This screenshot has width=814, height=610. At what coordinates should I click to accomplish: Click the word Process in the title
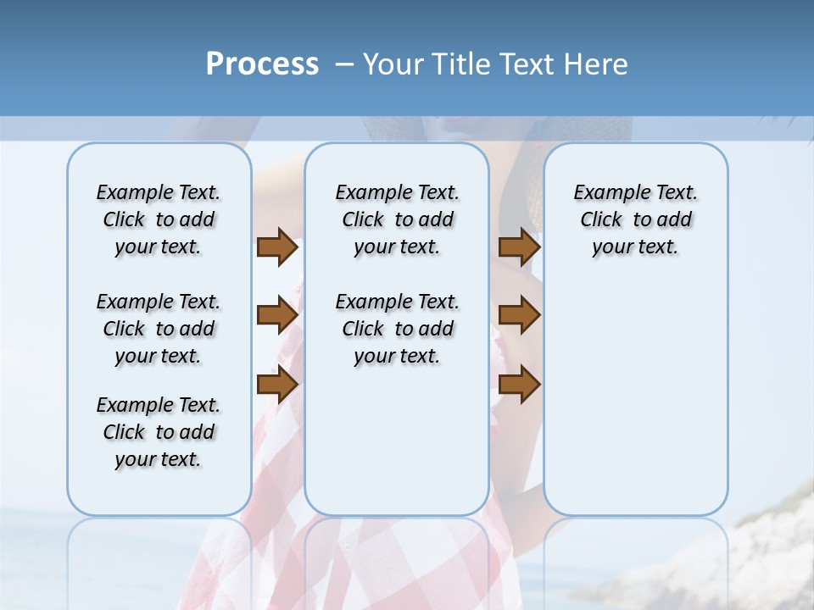click(262, 64)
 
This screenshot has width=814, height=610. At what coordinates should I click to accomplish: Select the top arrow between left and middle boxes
click(277, 247)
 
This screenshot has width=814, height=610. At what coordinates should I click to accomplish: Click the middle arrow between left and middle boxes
click(277, 315)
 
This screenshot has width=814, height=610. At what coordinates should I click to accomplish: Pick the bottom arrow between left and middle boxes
click(277, 385)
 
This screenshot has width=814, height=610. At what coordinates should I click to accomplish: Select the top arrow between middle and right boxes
click(519, 247)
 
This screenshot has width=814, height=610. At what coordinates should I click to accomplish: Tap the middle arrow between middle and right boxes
click(519, 315)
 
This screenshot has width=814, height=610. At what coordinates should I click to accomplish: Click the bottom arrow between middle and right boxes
click(519, 385)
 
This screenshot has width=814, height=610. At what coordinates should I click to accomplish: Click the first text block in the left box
click(159, 219)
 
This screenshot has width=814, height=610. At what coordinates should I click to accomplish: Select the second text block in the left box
click(159, 329)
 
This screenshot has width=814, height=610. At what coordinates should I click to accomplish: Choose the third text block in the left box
click(159, 432)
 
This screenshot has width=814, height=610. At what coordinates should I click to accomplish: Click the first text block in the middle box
click(397, 219)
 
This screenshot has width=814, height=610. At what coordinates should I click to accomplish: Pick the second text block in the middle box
click(397, 329)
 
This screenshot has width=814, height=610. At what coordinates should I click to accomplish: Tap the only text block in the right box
click(635, 219)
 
